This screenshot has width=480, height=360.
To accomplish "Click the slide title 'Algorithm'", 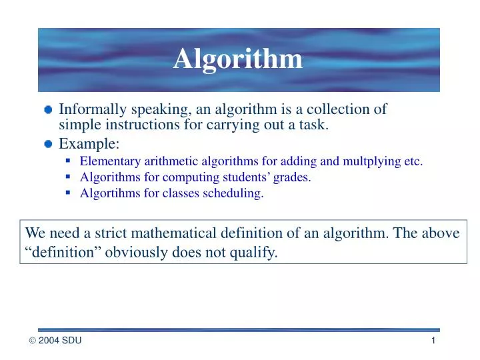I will click(238, 59).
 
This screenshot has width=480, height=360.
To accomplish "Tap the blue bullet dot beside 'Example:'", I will click(48, 143).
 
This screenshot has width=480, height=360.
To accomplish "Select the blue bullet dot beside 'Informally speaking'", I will click(48, 111).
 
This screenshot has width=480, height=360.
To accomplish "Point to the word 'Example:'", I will click(89, 143).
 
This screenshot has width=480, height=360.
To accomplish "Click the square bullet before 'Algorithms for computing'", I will click(69, 177).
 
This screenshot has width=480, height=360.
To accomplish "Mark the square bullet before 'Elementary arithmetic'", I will click(69, 160).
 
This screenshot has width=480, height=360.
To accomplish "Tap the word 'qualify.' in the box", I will click(255, 252).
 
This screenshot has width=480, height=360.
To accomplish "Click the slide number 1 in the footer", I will click(433, 341).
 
